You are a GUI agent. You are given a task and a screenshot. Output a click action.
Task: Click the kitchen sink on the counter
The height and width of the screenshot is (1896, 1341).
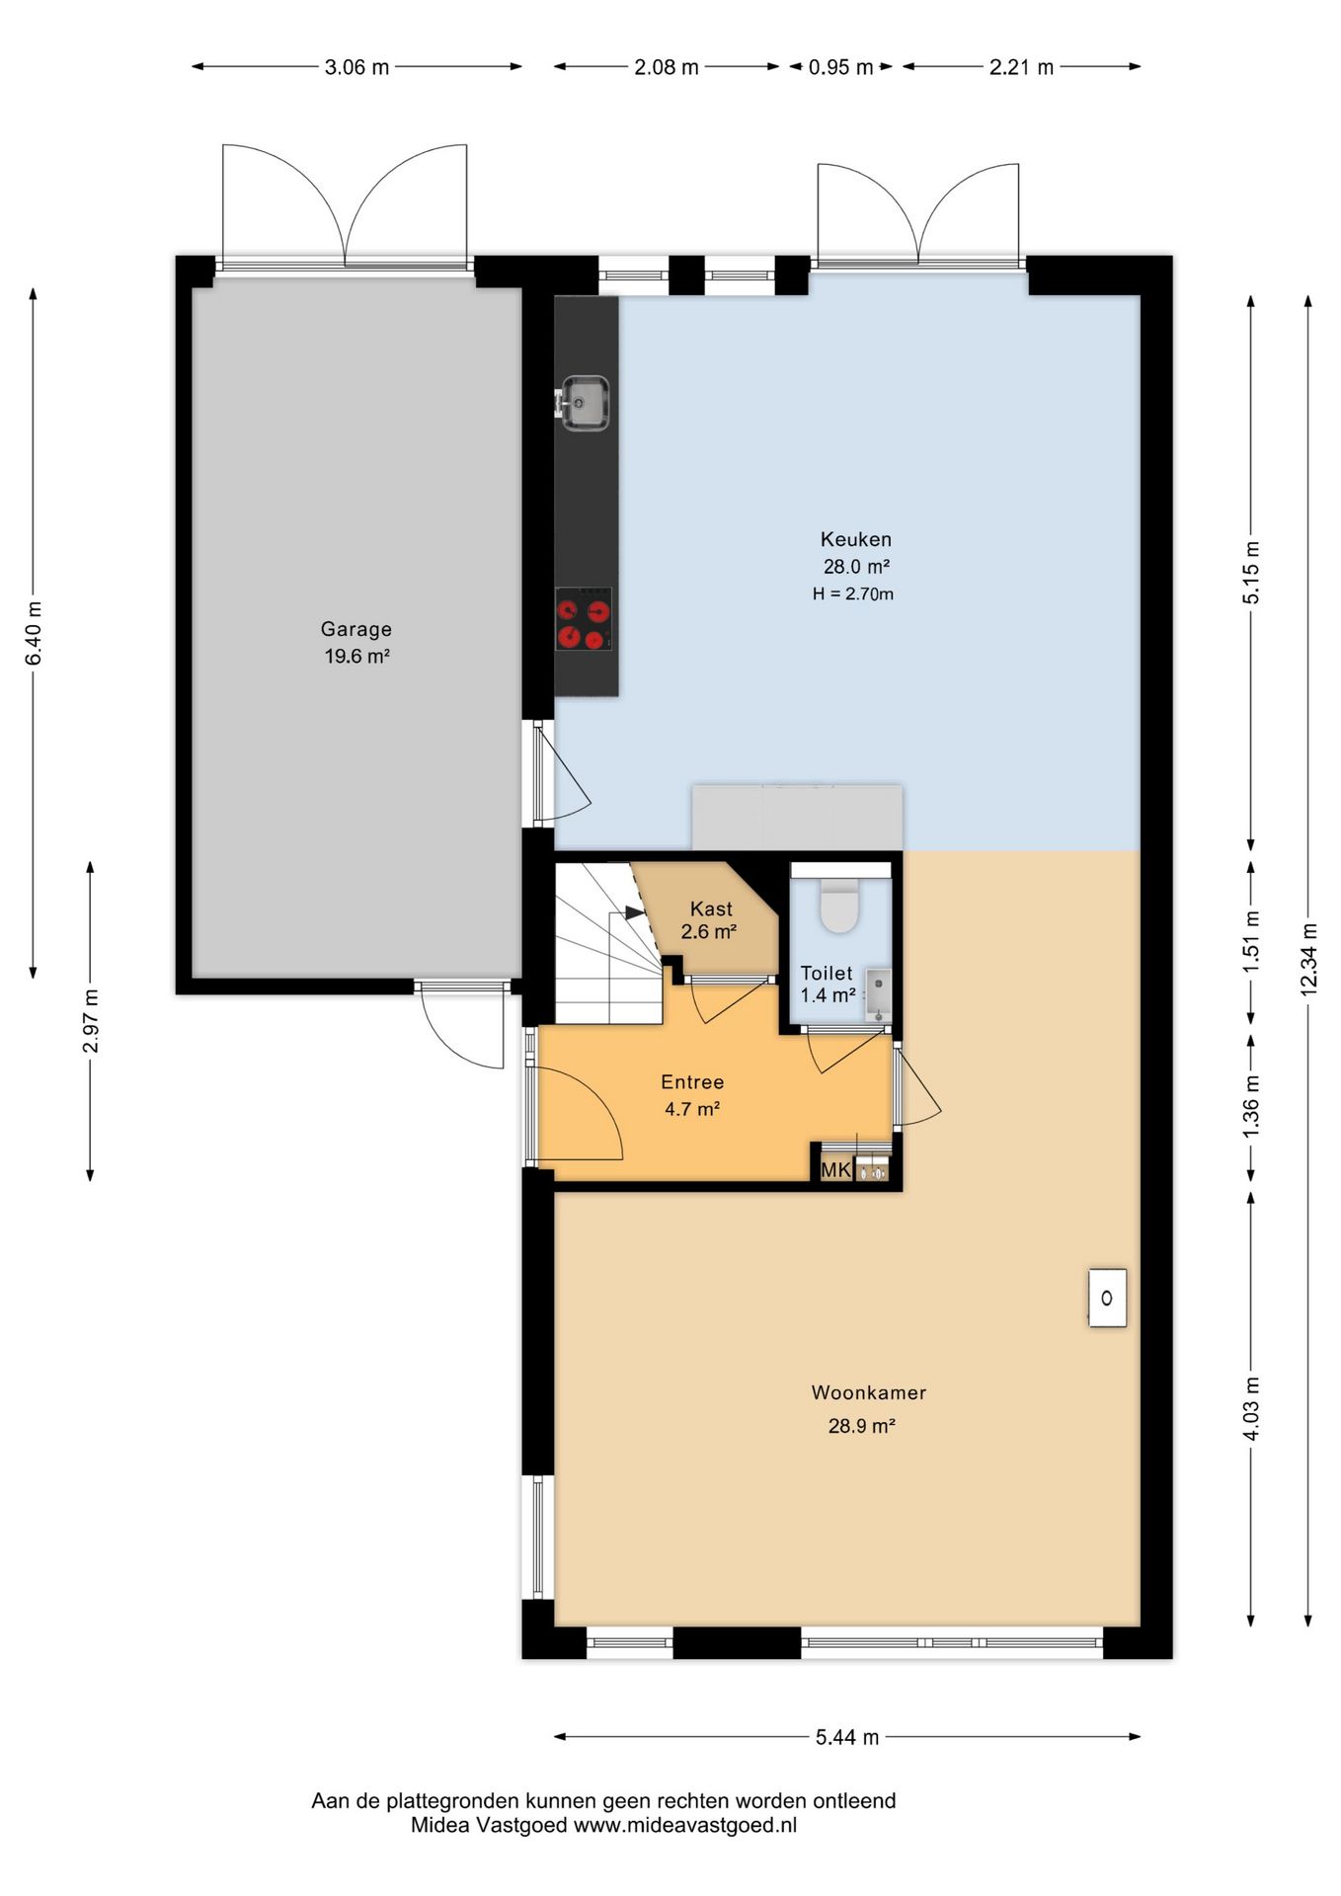click(585, 403)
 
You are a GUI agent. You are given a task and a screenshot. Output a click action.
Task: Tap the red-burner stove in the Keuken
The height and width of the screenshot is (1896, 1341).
click(584, 619)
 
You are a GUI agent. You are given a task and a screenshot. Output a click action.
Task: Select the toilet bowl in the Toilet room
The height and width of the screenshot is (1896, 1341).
click(840, 901)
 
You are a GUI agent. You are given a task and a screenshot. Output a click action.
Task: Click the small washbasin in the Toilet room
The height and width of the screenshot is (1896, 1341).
click(878, 994)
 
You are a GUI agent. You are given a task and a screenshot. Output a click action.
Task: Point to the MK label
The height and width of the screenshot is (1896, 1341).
click(835, 1170)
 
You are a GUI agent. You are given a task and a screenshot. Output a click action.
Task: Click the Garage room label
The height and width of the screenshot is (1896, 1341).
click(356, 629)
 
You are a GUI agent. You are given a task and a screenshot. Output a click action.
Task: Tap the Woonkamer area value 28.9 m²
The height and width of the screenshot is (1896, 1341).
click(861, 1426)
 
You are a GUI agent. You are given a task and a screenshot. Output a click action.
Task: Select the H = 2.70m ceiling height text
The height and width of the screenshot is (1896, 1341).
click(853, 593)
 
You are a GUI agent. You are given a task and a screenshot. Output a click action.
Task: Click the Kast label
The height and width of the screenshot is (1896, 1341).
click(711, 908)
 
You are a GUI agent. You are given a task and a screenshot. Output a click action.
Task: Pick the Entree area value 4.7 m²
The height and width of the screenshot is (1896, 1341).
click(692, 1109)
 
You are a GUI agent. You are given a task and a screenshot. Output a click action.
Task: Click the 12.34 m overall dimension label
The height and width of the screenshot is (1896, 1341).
click(1309, 958)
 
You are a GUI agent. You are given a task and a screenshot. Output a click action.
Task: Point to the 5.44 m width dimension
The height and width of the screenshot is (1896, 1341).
click(847, 1737)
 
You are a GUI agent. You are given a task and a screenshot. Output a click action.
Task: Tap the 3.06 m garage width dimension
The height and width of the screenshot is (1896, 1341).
click(356, 67)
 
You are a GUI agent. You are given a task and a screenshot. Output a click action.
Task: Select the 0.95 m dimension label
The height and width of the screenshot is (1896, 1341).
click(840, 67)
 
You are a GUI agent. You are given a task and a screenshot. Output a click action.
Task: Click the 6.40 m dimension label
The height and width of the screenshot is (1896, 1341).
click(34, 633)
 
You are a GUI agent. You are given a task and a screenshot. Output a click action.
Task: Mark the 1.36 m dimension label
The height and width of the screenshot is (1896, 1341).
click(1251, 1104)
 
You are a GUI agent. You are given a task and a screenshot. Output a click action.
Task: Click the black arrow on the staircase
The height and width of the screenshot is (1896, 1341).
click(636, 912)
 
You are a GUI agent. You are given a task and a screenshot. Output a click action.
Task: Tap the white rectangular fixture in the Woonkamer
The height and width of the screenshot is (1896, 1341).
click(1107, 1298)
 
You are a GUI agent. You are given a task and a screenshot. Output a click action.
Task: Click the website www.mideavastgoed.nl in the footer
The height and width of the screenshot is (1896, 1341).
click(685, 1825)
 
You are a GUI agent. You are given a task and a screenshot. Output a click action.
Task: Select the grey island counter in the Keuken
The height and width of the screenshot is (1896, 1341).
click(797, 817)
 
